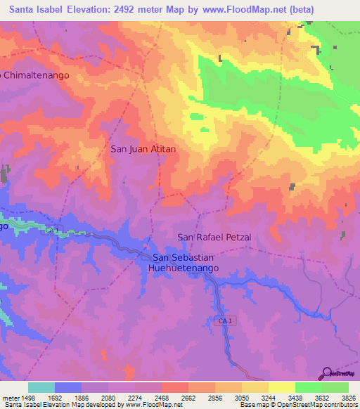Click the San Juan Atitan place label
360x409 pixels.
[143, 149]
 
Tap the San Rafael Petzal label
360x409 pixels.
[214, 237]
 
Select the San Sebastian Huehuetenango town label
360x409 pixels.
[186, 264]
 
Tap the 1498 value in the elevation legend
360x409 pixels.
[27, 398]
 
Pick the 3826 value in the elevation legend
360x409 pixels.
[349, 398]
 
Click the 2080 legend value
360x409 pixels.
[108, 398]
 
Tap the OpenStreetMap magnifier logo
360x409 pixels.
[326, 372]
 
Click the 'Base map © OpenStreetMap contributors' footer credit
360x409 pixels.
[298, 405]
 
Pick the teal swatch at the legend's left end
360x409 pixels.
[41, 387]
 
